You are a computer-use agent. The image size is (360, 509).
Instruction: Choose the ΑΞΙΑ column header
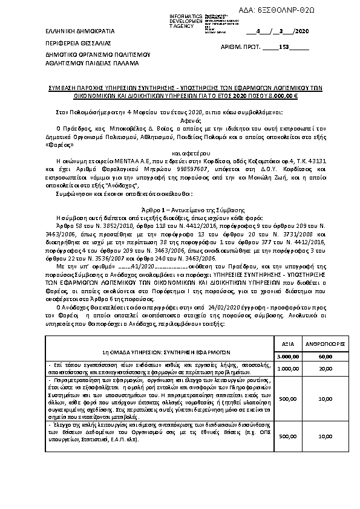coord(288,343)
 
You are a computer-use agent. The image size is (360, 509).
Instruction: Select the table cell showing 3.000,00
coord(288,357)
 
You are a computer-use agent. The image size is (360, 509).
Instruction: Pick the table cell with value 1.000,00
coord(288,368)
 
